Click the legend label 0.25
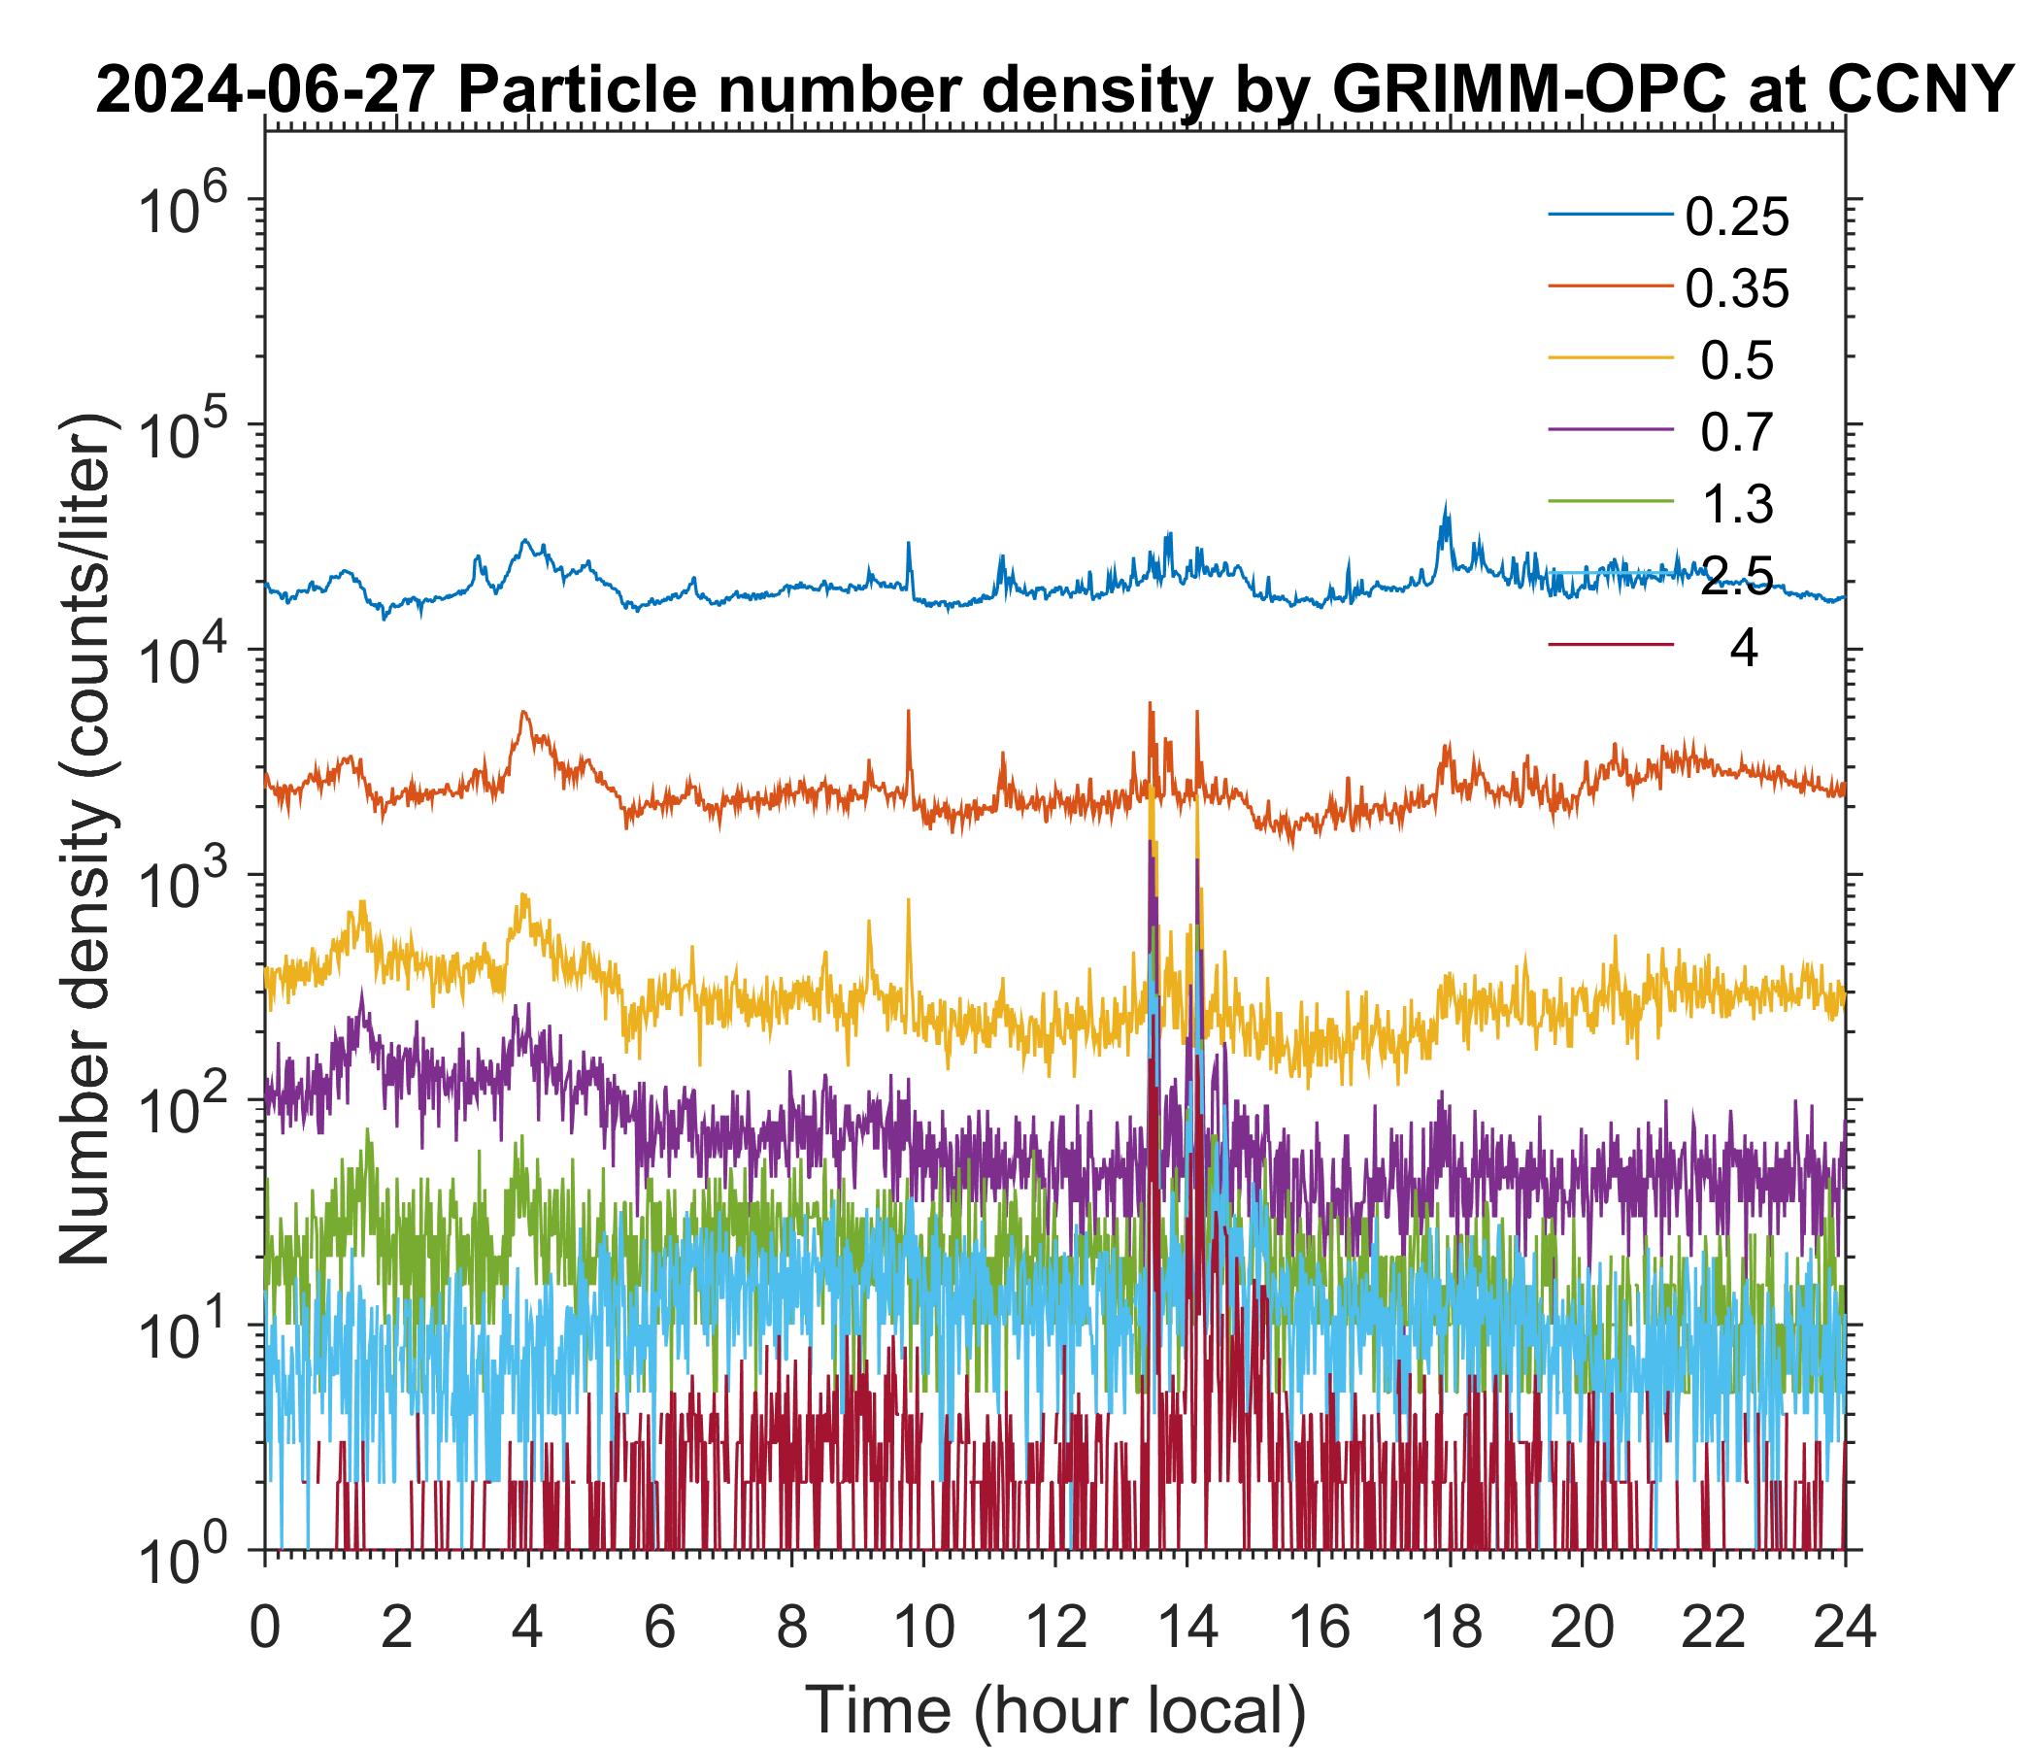(1736, 218)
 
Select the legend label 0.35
(1736, 289)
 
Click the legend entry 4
(1743, 649)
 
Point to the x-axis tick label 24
(1844, 1628)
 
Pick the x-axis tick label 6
(659, 1628)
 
